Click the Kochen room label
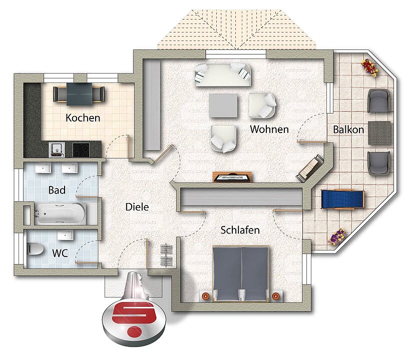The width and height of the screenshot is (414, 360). (x=83, y=117)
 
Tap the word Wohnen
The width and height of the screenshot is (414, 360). (x=269, y=129)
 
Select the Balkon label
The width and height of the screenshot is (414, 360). (x=348, y=129)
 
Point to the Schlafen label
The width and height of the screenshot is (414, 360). (x=240, y=230)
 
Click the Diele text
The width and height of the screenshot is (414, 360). (x=137, y=207)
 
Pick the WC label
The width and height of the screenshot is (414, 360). (x=60, y=253)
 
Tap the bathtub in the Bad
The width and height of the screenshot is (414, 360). (x=60, y=213)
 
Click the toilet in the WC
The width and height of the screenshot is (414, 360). (x=36, y=248)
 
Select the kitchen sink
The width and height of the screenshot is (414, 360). (x=57, y=149)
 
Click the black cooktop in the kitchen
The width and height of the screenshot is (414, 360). (x=81, y=150)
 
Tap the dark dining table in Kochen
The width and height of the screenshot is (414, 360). (x=79, y=94)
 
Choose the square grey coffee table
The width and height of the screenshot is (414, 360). (x=223, y=106)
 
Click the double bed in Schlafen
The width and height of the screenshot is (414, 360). (x=241, y=273)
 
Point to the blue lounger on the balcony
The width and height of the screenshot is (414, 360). (x=343, y=199)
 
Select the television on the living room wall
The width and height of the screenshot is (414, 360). (x=232, y=177)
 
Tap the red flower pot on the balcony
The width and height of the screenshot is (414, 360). (x=369, y=67)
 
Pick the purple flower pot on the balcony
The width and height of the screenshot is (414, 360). (x=337, y=237)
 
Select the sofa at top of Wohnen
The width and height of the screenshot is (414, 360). (x=223, y=75)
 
